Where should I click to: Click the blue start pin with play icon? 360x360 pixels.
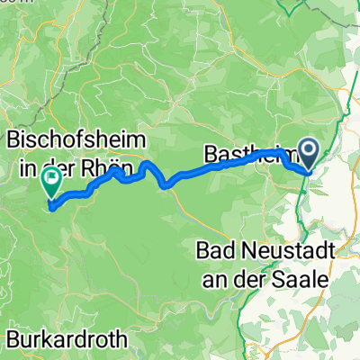pyautogui.click(x=308, y=152)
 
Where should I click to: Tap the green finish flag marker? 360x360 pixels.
pyautogui.click(x=51, y=181)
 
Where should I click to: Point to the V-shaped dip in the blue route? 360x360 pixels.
pyautogui.click(x=165, y=186)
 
